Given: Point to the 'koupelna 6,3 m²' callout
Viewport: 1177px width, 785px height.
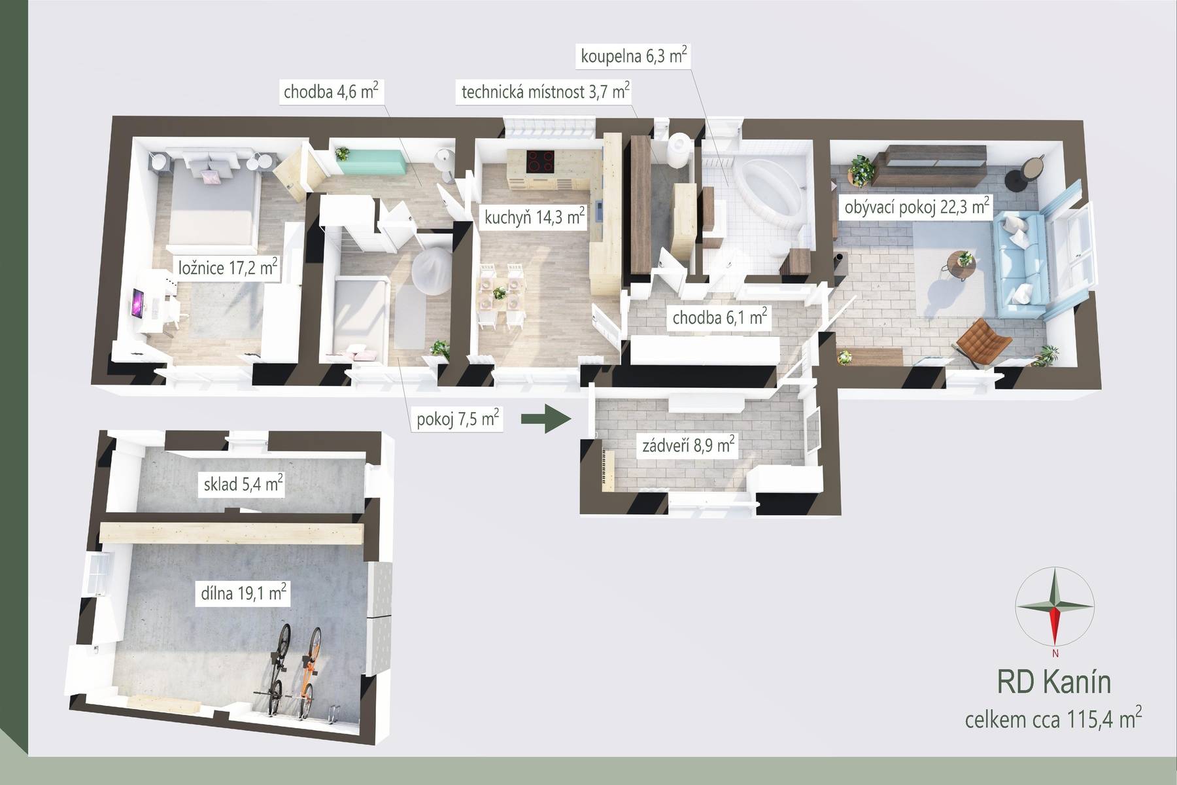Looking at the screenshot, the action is pyautogui.click(x=634, y=56).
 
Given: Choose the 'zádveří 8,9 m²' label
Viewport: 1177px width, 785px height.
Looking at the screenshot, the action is pyautogui.click(x=689, y=446).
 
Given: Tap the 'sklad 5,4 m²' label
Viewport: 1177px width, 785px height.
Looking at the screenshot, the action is pyautogui.click(x=243, y=485).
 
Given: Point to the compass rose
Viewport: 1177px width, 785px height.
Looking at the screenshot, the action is pyautogui.click(x=1054, y=606).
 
